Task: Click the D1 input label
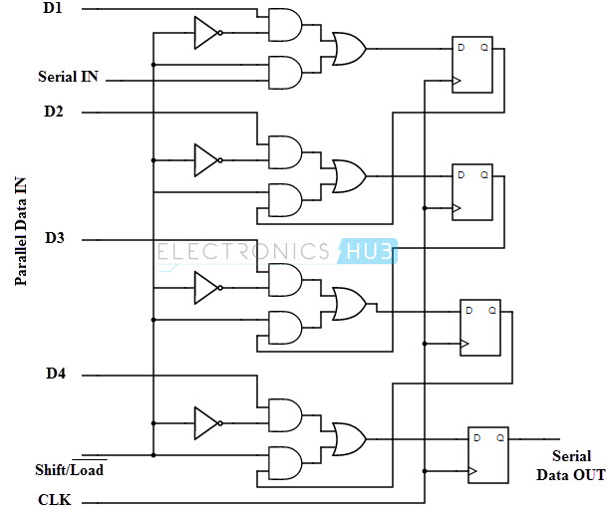tap(53, 9)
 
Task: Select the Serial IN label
tap(68, 76)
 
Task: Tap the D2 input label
tap(53, 111)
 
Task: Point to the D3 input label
tap(54, 238)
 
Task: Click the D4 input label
tap(55, 374)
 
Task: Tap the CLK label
tap(54, 498)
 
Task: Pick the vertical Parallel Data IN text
tap(20, 228)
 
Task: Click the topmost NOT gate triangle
tap(205, 32)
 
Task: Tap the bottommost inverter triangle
tap(205, 421)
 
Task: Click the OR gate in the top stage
tap(349, 48)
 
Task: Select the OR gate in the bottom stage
tap(349, 437)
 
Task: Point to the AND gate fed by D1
tap(285, 25)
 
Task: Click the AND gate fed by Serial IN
tap(285, 71)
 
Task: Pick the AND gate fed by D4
tap(285, 415)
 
